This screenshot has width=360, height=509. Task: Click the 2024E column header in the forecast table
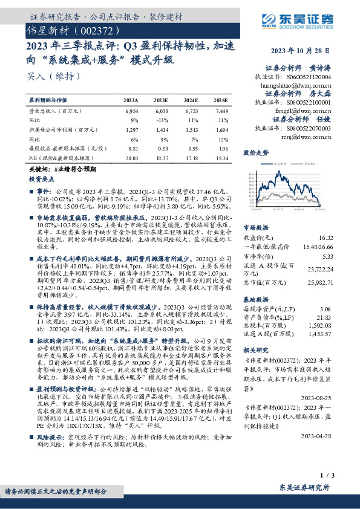coord(191,100)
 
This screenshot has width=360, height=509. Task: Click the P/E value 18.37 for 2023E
coord(162,157)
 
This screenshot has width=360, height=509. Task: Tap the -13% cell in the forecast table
coord(163,121)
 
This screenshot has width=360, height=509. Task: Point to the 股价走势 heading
coord(256,153)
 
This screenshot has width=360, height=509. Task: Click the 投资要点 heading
coord(42,180)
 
